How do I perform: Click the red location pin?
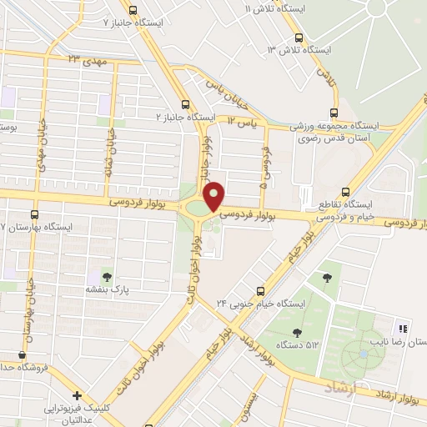point(214,196)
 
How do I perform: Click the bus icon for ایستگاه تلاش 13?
point(299,37)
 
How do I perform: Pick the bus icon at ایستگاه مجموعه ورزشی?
point(334,112)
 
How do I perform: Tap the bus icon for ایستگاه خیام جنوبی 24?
point(262,291)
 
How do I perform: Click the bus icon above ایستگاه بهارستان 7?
point(34,213)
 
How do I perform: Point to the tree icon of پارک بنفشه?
point(106,275)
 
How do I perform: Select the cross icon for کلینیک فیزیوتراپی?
point(77,395)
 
